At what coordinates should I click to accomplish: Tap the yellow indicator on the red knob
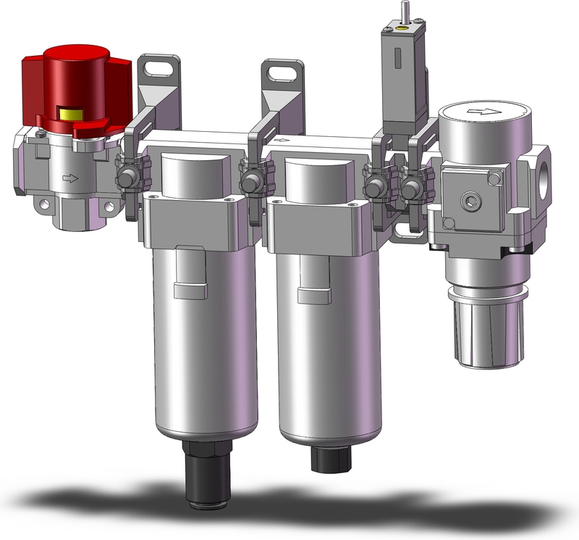71,113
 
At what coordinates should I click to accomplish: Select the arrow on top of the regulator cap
478,112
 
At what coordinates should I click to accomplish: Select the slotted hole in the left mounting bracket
157,69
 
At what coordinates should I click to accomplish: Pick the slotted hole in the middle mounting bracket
281,72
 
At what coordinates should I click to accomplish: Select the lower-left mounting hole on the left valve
50,208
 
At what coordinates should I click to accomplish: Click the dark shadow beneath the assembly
289,507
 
